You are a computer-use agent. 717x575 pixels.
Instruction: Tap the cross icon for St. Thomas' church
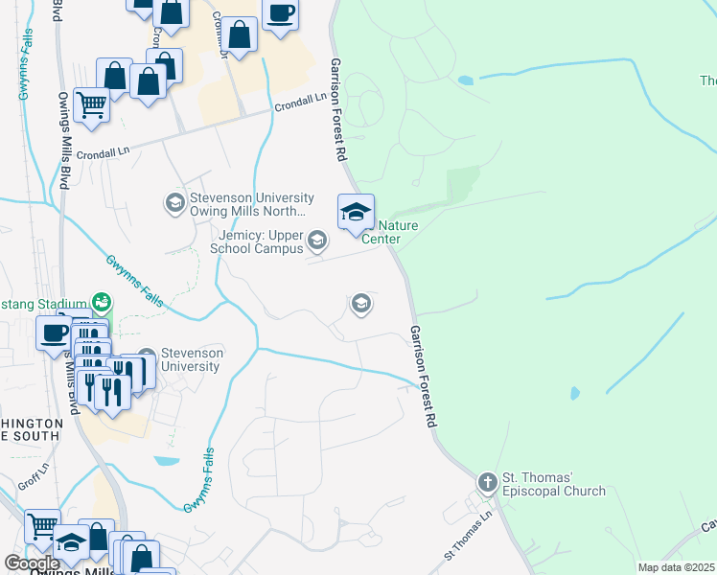[487, 479]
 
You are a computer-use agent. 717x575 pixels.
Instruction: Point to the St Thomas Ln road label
[467, 536]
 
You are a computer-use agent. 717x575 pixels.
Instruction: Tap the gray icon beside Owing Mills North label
[174, 202]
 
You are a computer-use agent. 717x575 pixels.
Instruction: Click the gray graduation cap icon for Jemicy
[317, 238]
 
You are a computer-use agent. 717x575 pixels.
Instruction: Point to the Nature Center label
[388, 232]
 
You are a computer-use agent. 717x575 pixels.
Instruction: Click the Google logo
[31, 563]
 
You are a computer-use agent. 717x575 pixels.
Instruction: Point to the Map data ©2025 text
[676, 567]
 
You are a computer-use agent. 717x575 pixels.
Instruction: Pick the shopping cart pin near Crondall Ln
[91, 104]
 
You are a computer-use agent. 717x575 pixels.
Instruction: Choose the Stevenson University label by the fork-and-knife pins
[192, 359]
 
